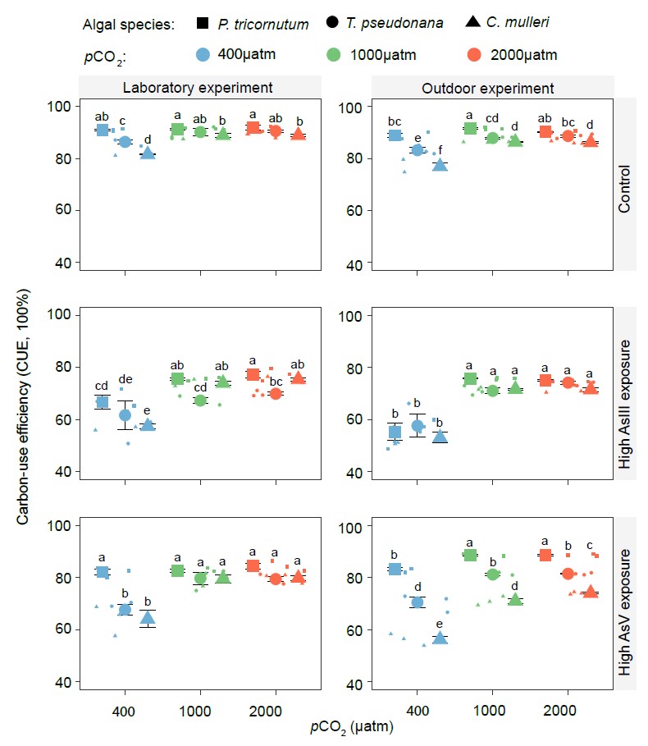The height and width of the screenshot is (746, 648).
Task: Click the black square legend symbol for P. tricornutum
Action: (202, 24)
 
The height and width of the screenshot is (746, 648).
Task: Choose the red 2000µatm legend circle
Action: (474, 55)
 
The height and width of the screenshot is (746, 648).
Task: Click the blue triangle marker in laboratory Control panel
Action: (148, 153)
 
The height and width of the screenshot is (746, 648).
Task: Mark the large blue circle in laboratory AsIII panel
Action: (125, 415)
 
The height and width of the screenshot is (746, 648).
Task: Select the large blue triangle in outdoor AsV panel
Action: (440, 638)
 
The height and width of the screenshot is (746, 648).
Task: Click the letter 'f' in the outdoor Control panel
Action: (440, 150)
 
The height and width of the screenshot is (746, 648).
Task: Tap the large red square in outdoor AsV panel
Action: (543, 556)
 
